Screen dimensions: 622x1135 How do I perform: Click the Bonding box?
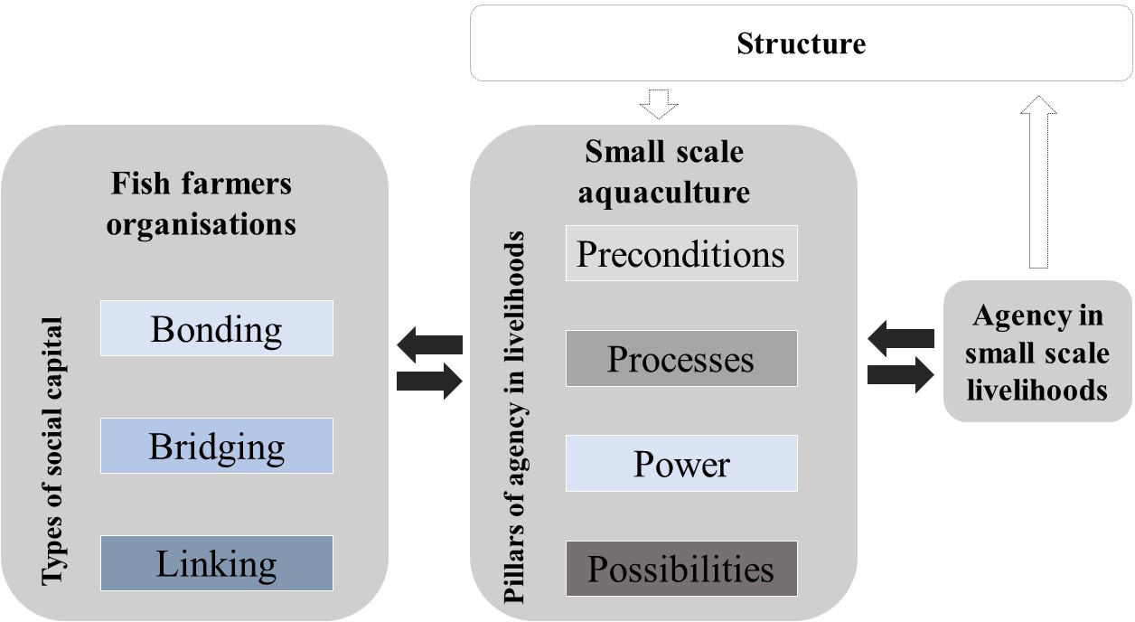tap(216, 328)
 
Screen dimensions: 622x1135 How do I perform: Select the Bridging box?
tap(216, 446)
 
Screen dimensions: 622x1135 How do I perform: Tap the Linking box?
tap(216, 563)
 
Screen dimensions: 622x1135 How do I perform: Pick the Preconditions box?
tap(681, 254)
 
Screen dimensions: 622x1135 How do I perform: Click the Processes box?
tap(681, 359)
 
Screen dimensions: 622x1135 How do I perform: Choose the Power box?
tap(681, 464)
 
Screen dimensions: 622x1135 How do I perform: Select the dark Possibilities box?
tap(681, 569)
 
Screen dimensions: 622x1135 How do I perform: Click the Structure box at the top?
tap(801, 43)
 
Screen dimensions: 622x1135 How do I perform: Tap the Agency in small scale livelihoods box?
tap(1037, 352)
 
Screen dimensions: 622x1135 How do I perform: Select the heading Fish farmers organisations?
tap(201, 203)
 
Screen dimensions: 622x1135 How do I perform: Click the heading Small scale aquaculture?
tap(664, 172)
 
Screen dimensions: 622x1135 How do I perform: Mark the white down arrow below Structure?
tap(658, 103)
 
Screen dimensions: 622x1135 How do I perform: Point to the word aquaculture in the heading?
tap(664, 192)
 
